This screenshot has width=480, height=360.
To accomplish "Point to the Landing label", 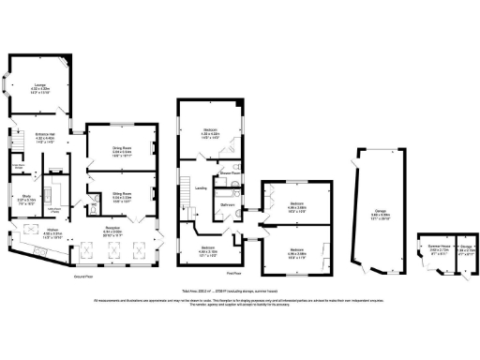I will pyautogui.click(x=201, y=187).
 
